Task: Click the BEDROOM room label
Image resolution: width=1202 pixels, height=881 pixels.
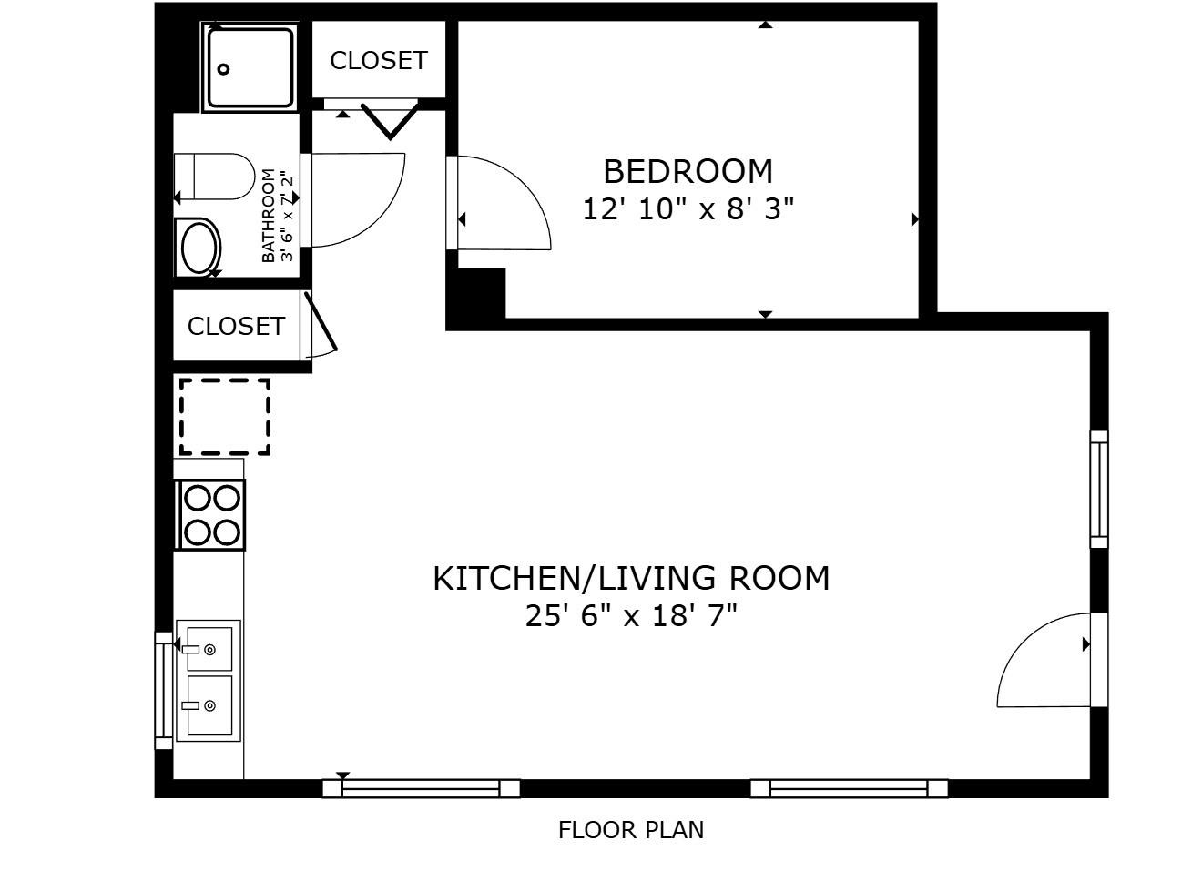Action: coord(688,172)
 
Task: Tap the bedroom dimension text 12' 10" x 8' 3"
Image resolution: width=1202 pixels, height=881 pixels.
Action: coord(688,208)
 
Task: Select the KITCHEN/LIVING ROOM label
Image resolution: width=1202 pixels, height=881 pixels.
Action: coord(631,579)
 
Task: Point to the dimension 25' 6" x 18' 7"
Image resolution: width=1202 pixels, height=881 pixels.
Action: coord(631,615)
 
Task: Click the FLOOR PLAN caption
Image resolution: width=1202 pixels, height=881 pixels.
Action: coord(631,830)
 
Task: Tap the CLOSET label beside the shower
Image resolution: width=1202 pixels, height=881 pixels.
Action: coord(379,61)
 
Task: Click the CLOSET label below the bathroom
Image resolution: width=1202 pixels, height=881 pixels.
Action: coord(236,326)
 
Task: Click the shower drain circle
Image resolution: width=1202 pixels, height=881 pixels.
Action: coord(224,68)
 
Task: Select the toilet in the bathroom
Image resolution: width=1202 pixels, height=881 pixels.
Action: coord(215,177)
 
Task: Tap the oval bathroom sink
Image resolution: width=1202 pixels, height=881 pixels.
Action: coord(199,248)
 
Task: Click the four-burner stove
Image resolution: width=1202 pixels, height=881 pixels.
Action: coord(209,515)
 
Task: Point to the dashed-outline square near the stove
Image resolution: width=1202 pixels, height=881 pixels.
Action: coord(225,417)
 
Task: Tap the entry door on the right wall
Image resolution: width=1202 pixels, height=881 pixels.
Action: coord(1044,660)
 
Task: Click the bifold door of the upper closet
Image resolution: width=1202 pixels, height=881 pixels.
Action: coord(390,121)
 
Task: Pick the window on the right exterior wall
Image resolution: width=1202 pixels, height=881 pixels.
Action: coord(1099,489)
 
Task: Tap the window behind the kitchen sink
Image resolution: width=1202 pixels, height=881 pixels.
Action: coord(164,691)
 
